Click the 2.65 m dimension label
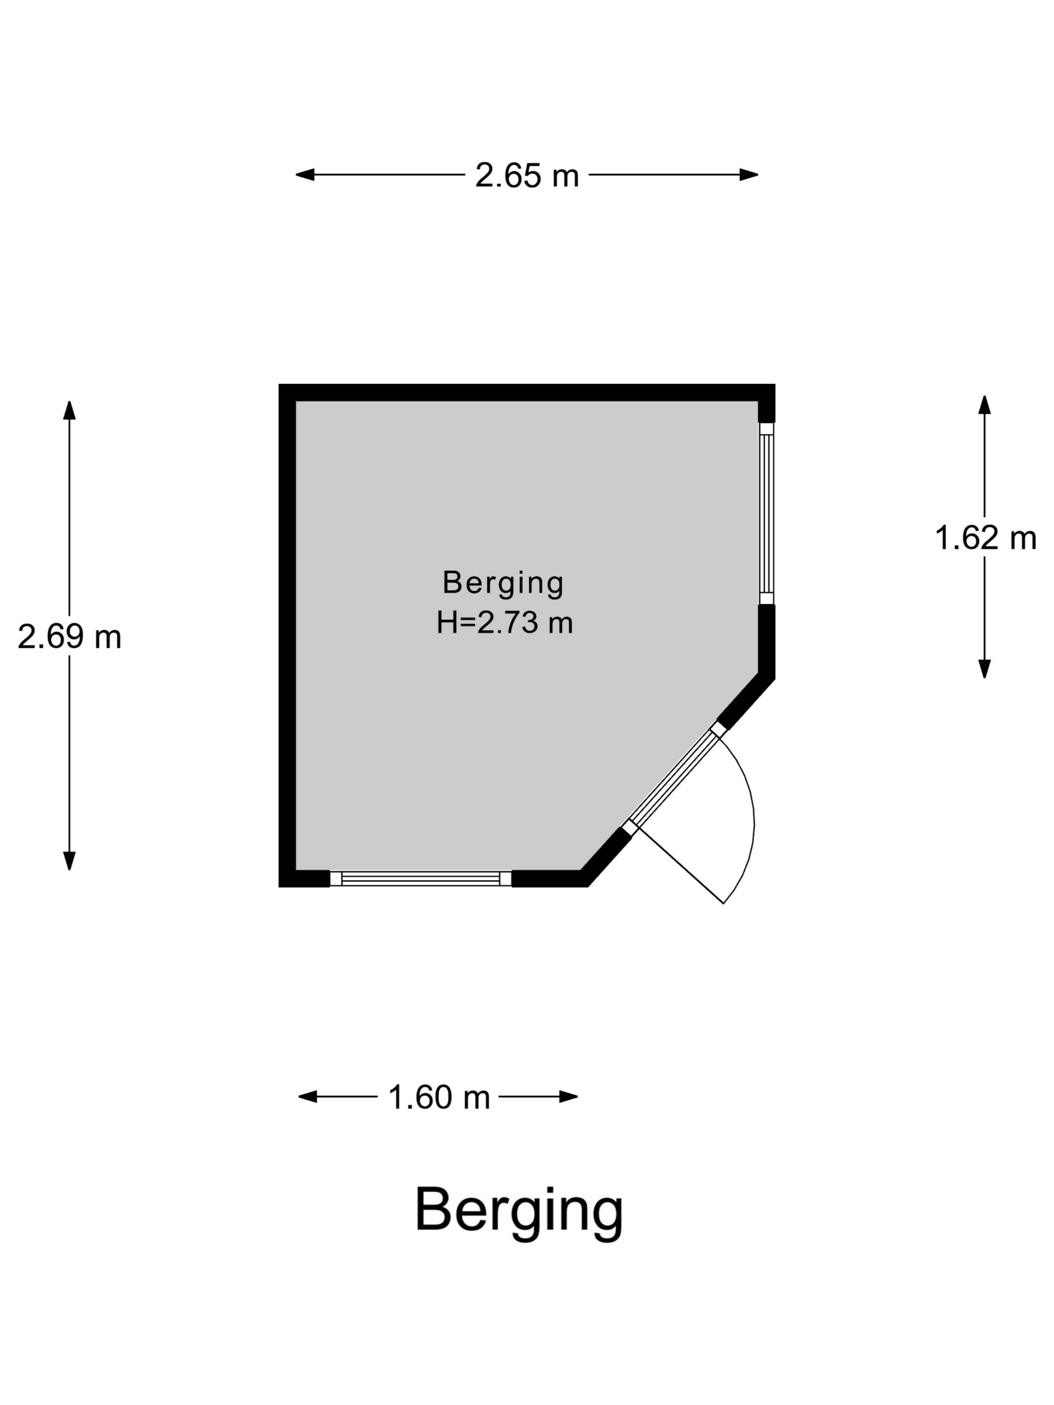tap(526, 175)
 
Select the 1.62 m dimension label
tap(985, 537)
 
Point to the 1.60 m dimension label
tap(438, 1096)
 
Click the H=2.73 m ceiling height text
tap(504, 623)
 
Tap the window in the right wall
tap(767, 513)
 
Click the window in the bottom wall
tap(421, 879)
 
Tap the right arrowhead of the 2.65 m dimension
tap(749, 175)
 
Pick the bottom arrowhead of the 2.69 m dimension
tap(69, 861)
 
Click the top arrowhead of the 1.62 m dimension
tap(985, 404)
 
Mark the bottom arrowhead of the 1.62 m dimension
tap(985, 669)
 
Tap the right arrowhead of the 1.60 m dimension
tap(569, 1096)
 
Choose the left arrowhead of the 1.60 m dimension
tap(308, 1096)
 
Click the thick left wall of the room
tap(287, 635)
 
